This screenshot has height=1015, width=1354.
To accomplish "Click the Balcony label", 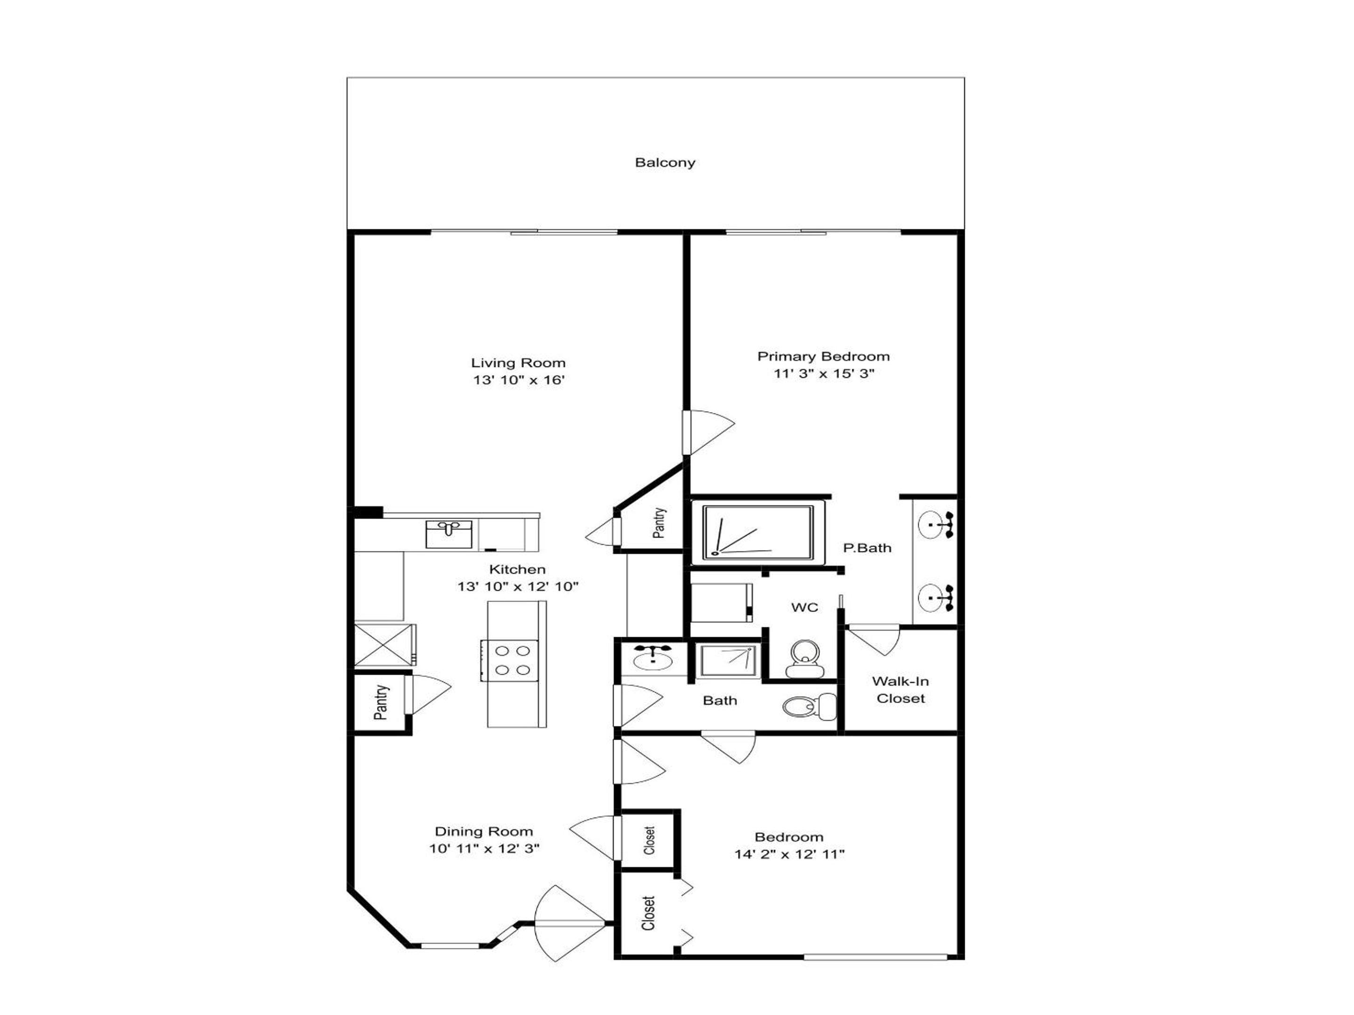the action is click(665, 163).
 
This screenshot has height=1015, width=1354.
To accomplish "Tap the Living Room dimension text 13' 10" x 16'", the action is click(519, 380).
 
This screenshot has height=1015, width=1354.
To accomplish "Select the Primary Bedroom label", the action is click(823, 356).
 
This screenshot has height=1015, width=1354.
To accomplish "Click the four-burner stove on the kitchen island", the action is click(509, 661).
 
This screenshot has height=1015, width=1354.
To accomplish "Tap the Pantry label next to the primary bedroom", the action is click(659, 523).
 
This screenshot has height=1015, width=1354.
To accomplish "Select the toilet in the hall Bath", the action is click(809, 707).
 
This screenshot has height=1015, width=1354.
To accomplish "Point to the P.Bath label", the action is click(867, 548).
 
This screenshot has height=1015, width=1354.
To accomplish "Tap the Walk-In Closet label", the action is click(900, 689).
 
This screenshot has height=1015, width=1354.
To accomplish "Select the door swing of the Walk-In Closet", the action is click(874, 640).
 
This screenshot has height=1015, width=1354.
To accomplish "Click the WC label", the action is click(804, 608).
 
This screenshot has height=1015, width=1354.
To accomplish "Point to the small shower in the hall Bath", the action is click(727, 661).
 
